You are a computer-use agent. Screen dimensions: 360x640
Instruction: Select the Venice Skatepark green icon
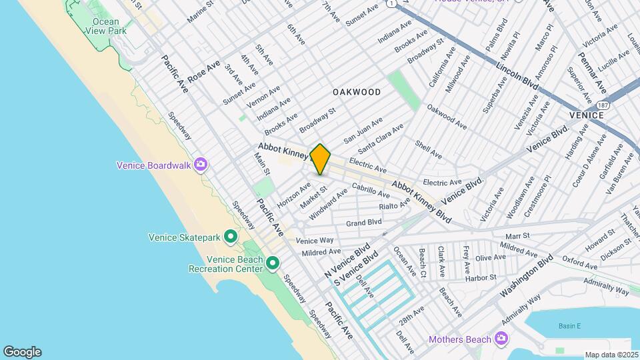[231, 237]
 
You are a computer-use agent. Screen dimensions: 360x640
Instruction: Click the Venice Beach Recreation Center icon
[273, 264]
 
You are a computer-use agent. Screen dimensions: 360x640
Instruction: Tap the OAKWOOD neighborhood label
[357, 92]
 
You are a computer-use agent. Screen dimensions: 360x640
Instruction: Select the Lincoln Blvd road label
[517, 75]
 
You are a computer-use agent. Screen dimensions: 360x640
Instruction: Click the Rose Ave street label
[203, 70]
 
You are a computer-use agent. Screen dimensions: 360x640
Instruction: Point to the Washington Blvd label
[527, 276]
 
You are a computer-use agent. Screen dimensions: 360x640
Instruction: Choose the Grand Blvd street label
[363, 222]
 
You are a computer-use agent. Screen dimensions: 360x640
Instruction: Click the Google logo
[22, 352]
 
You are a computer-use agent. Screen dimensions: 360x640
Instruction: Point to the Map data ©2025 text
[611, 355]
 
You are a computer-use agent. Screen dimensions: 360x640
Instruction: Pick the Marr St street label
[517, 235]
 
